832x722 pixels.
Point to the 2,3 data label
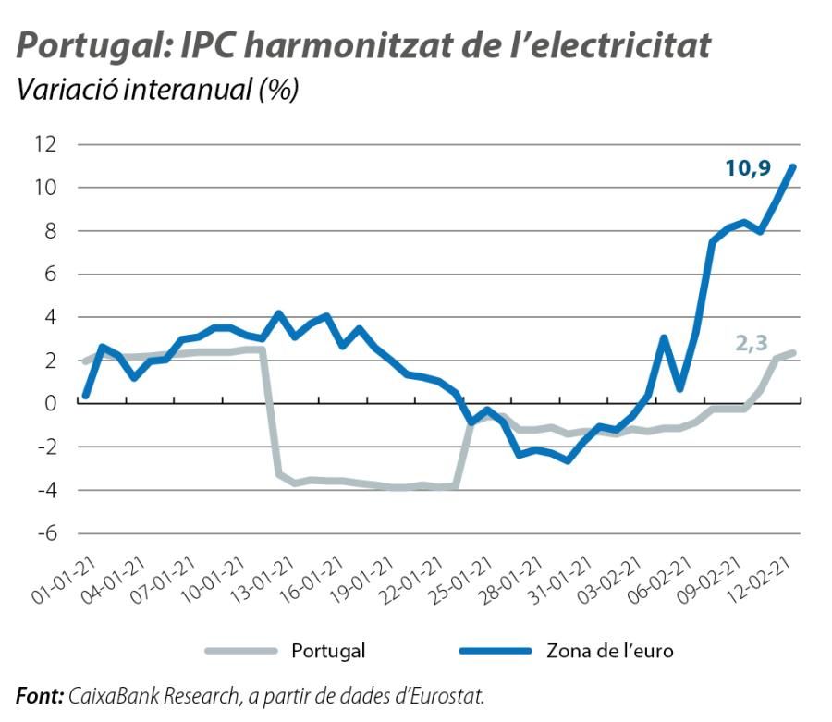point(751,343)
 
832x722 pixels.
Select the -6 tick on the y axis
point(45,533)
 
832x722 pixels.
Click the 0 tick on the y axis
point(50,403)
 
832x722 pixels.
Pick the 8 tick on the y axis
point(50,231)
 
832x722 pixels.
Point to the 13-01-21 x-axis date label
point(269,580)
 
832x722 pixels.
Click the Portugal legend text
point(328,651)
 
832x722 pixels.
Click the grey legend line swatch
point(240,651)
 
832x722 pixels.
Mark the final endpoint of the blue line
point(793,167)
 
